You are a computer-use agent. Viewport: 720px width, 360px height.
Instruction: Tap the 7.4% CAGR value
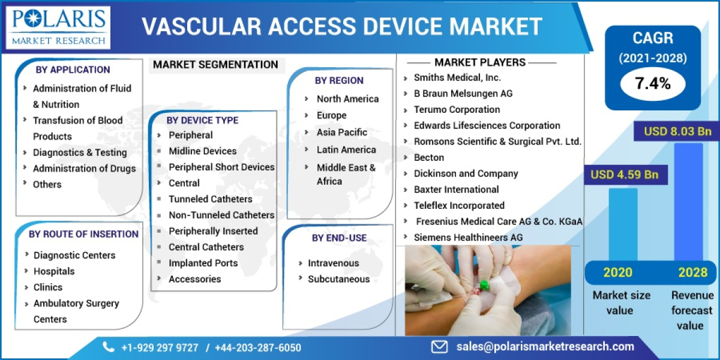[652, 83]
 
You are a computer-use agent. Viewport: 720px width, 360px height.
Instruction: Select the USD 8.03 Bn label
[677, 131]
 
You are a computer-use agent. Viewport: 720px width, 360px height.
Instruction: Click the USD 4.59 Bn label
[625, 175]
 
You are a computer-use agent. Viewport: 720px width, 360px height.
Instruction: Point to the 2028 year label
[692, 272]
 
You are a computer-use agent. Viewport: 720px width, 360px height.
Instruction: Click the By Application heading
[73, 70]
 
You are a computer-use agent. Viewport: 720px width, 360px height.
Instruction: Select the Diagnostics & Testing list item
[80, 152]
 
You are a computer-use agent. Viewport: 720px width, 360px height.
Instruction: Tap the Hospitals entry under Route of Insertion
[54, 271]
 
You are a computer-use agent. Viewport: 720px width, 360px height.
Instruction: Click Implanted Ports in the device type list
[203, 263]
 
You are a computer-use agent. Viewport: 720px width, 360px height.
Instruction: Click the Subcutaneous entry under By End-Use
[339, 279]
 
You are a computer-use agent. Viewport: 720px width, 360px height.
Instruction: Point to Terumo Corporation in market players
[457, 109]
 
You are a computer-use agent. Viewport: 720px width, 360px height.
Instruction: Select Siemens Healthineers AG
[468, 237]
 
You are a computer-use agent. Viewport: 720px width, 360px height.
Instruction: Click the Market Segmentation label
[215, 65]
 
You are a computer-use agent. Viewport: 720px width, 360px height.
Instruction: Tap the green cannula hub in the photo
[484, 283]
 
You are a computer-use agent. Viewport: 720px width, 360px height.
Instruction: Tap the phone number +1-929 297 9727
[158, 347]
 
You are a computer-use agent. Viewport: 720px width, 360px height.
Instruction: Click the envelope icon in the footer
[440, 346]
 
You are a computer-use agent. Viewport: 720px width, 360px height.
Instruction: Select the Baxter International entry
[456, 189]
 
